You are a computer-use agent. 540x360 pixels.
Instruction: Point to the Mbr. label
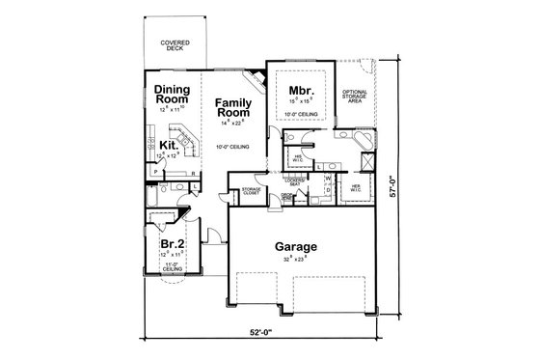tap(297, 93)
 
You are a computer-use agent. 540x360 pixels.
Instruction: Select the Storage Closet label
tap(252, 190)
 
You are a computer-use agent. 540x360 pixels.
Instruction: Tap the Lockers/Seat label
tap(295, 181)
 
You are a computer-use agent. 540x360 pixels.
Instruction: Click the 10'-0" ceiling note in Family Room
tap(234, 147)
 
